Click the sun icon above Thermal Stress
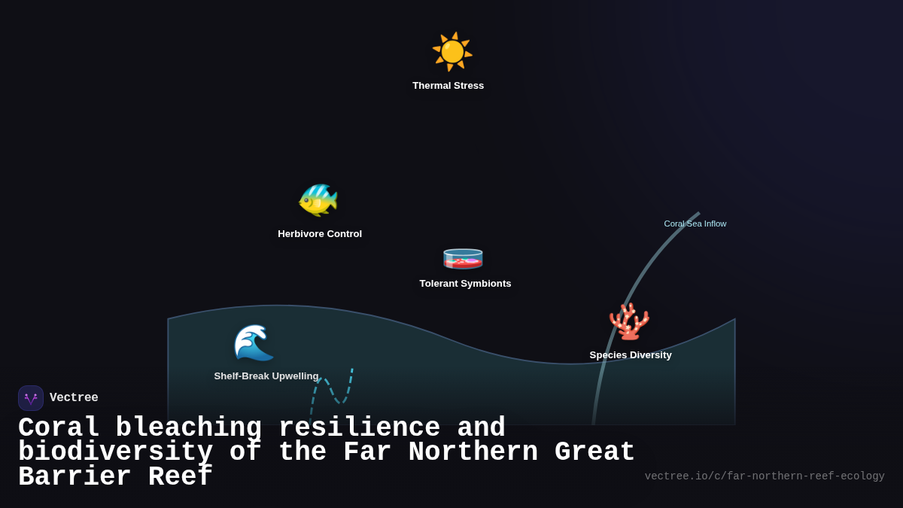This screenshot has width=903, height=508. (451, 51)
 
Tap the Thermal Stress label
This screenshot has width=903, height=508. (448, 86)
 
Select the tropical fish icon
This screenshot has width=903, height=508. (318, 200)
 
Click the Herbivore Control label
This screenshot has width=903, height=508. (320, 234)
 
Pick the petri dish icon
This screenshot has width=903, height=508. (463, 257)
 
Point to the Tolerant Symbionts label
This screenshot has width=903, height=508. (465, 284)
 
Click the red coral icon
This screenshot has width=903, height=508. (629, 322)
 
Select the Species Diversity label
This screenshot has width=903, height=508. (631, 355)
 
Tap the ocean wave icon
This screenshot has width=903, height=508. (254, 342)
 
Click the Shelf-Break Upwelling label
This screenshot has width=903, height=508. (266, 376)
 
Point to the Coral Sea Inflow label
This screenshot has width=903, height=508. (695, 224)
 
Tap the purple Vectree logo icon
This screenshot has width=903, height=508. (31, 398)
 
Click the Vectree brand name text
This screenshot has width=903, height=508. (74, 398)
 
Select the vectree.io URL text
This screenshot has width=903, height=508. (765, 476)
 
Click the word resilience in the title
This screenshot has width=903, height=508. (359, 428)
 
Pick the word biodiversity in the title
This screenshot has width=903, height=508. (116, 452)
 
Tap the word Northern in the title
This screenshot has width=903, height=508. (473, 452)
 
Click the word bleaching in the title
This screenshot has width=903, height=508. (188, 428)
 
